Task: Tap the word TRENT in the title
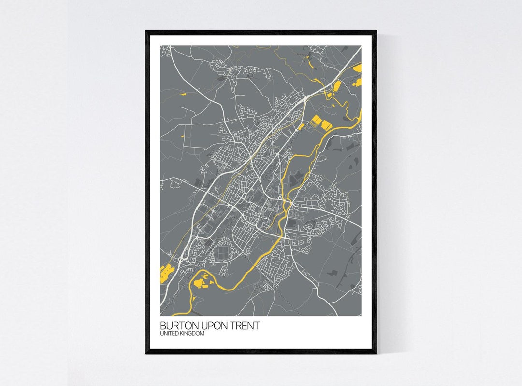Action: [244, 326]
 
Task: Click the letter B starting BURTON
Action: [163, 326]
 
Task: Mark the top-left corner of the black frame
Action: [145, 31]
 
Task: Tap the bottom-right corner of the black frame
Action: [376, 353]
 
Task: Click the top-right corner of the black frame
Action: [376, 31]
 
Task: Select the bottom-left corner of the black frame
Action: [145, 353]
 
